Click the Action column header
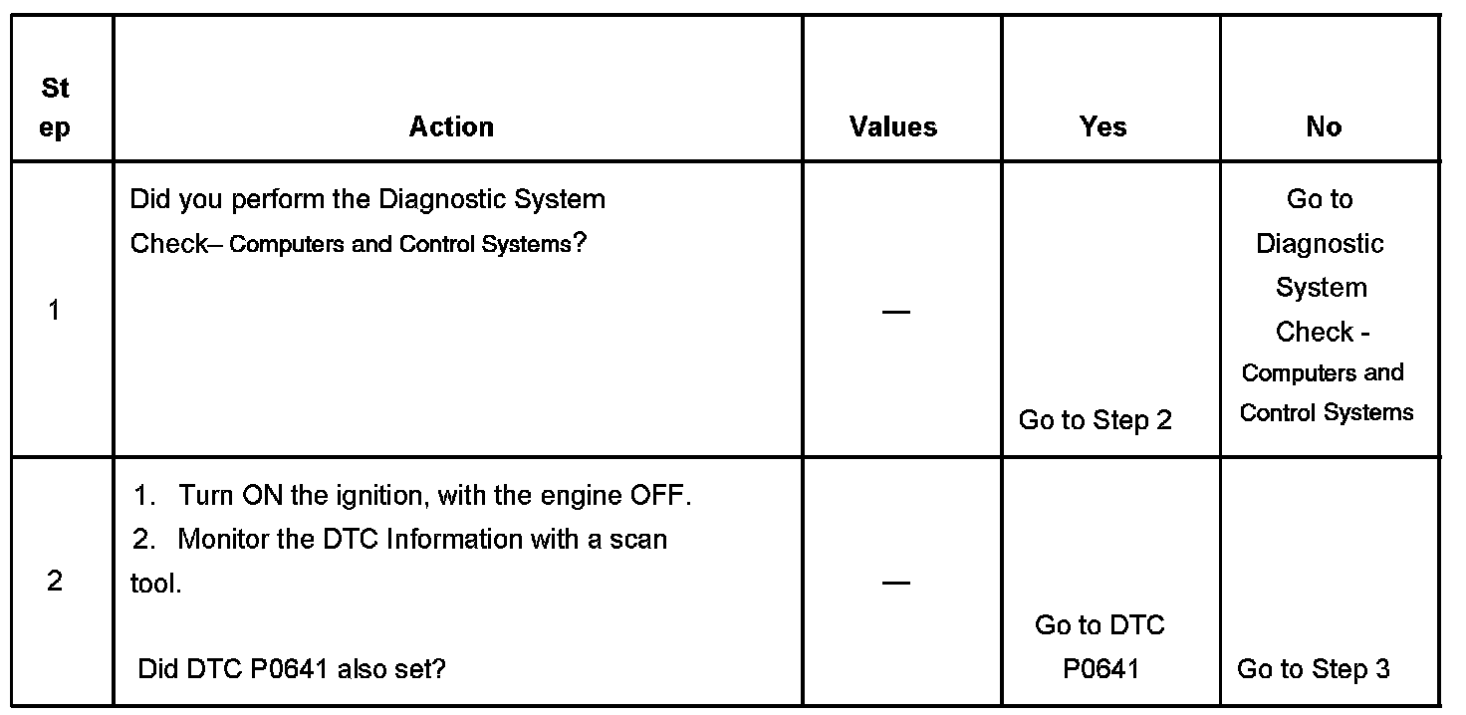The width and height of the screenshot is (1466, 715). point(451,126)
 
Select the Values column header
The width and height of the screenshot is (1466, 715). point(893,126)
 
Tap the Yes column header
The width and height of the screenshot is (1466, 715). point(1103,126)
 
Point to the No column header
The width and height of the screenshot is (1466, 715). point(1324,126)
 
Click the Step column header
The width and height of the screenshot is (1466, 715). point(56,108)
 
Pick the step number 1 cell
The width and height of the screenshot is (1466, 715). point(54,311)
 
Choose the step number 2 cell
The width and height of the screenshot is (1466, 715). point(54,582)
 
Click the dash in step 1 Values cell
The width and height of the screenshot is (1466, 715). point(895,312)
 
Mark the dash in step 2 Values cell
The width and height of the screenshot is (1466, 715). point(895,583)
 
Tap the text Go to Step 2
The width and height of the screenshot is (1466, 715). point(1095,420)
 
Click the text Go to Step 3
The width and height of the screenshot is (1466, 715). point(1313,669)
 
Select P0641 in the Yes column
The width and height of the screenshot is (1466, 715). point(1099,669)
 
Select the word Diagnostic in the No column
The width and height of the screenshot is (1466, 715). point(1320,244)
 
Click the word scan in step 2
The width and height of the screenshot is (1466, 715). point(637,540)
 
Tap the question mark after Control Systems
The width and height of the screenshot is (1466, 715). point(579,244)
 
